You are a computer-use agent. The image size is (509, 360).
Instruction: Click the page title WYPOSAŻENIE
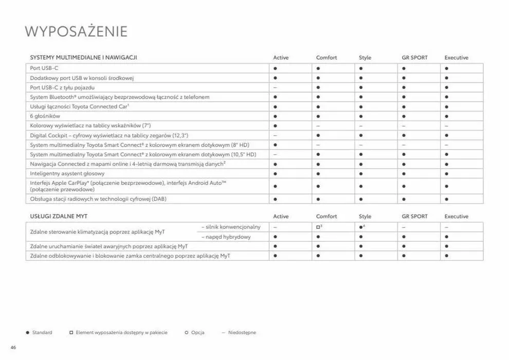click(x=76, y=31)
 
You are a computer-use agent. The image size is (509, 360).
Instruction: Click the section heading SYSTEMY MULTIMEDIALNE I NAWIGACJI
click(x=83, y=58)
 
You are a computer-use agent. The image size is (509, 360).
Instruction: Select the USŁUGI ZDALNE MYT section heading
click(x=59, y=217)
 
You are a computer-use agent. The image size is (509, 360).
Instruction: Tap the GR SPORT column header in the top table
click(x=414, y=58)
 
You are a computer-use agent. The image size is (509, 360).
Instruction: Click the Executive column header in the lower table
click(x=456, y=217)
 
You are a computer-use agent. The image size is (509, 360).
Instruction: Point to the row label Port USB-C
click(x=44, y=68)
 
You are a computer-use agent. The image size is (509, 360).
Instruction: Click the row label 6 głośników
click(x=45, y=116)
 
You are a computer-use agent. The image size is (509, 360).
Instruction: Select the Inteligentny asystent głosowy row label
click(x=67, y=174)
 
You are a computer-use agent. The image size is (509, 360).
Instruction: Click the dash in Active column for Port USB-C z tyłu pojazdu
click(x=275, y=87)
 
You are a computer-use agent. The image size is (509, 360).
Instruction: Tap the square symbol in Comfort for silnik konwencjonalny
click(x=318, y=227)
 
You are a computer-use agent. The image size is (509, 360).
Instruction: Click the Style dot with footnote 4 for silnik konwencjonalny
click(x=361, y=227)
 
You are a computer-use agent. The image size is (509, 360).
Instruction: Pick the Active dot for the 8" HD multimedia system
click(x=275, y=145)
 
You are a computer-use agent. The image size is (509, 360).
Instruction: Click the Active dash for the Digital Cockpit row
click(x=275, y=135)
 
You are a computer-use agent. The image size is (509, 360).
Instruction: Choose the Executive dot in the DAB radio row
click(x=446, y=199)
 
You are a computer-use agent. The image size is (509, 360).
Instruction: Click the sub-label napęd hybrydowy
click(x=226, y=237)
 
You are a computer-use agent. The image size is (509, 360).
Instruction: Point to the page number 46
click(x=14, y=348)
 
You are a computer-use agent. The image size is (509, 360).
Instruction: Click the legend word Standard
click(x=42, y=333)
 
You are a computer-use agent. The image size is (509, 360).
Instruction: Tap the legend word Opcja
click(x=197, y=333)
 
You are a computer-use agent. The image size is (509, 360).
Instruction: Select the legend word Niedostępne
click(x=242, y=333)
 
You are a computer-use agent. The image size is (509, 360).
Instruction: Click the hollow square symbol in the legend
click(x=71, y=333)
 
